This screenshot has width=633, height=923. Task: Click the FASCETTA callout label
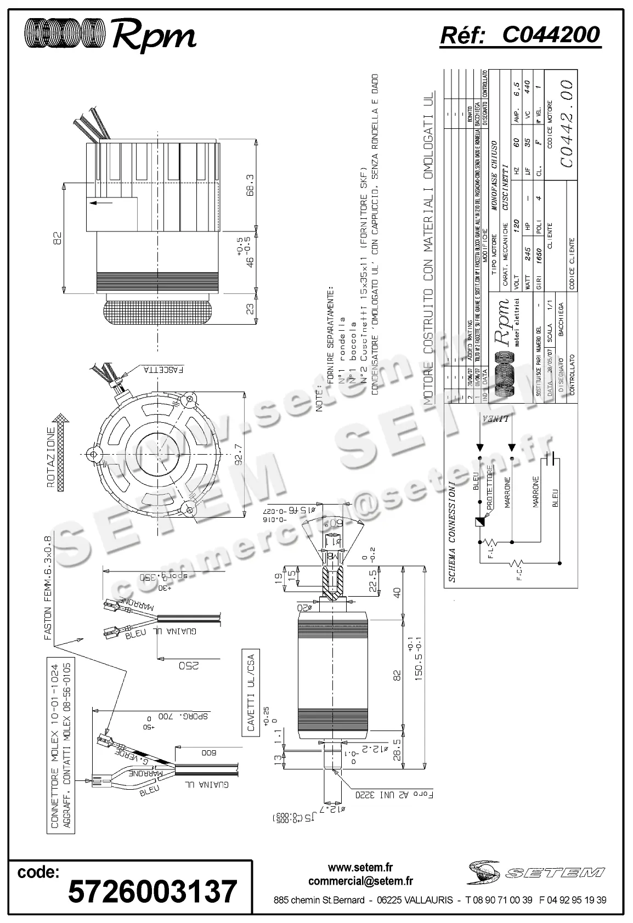pos(164,369)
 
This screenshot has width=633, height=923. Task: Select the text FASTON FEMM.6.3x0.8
pos(48,587)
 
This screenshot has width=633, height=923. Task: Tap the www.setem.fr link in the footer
pos(360,868)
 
